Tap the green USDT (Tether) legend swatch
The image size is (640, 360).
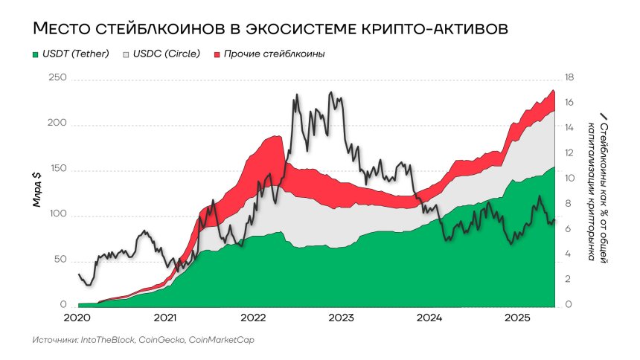click(x=35, y=55)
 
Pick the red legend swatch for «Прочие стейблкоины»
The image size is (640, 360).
click(x=217, y=55)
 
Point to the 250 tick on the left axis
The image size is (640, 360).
click(x=57, y=78)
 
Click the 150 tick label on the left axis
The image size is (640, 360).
click(x=57, y=170)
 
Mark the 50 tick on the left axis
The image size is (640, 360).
click(x=60, y=261)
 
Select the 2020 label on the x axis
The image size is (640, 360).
click(x=77, y=318)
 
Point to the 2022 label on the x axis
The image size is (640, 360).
click(x=253, y=318)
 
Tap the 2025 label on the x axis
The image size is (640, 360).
click(x=517, y=318)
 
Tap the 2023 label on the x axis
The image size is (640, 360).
click(x=341, y=318)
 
